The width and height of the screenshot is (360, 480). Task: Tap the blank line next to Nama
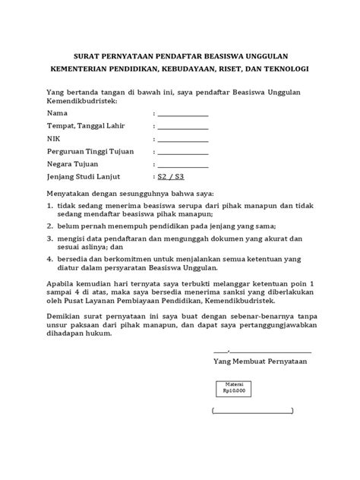pyautogui.click(x=182, y=115)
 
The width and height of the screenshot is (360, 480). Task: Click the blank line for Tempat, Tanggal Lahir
pyautogui.click(x=182, y=128)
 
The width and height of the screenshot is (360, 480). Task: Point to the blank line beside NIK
pyautogui.click(x=182, y=141)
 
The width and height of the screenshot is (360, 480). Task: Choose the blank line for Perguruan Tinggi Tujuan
pyautogui.click(x=182, y=154)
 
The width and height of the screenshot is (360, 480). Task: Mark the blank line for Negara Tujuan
pyautogui.click(x=182, y=167)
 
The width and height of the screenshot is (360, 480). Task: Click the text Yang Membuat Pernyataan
pyautogui.click(x=261, y=362)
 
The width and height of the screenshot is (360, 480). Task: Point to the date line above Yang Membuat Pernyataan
pyautogui.click(x=262, y=351)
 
